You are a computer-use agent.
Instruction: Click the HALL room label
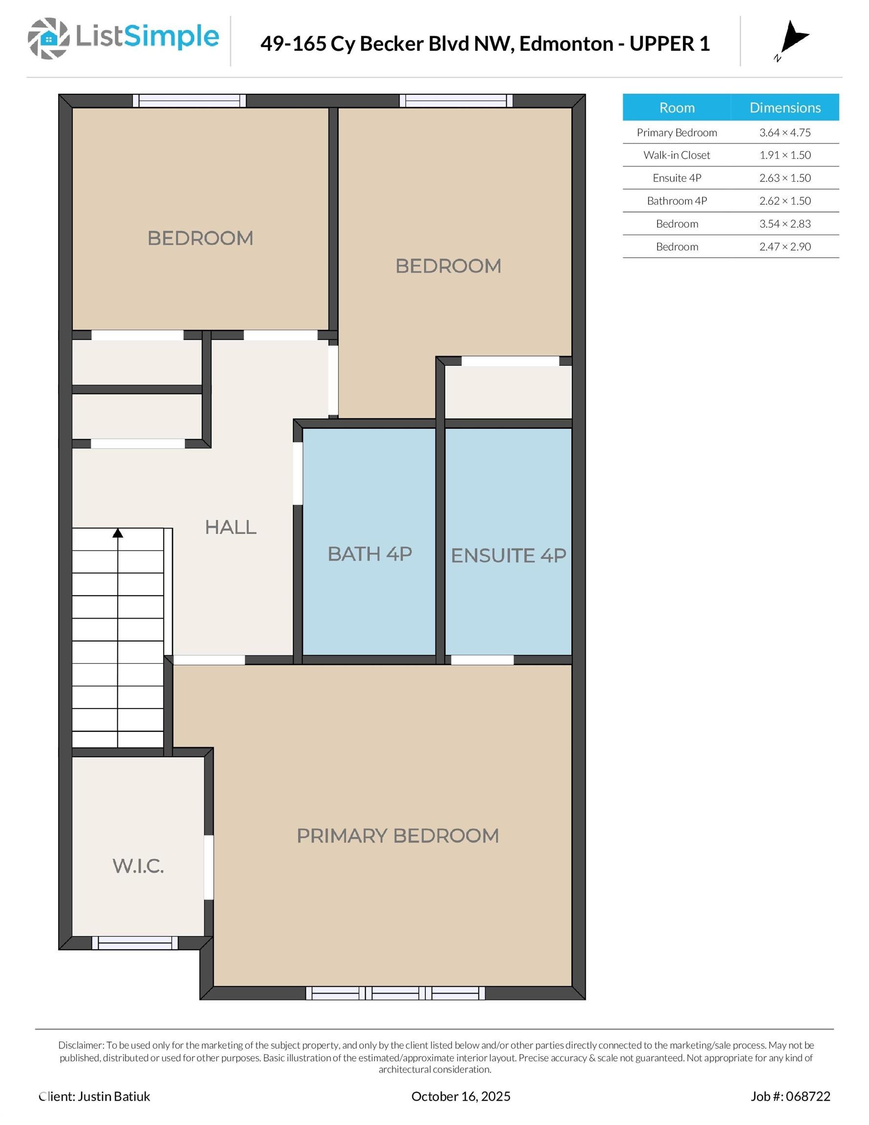[230, 527]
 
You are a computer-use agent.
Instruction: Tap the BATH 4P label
[370, 554]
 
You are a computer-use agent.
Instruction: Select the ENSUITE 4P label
[508, 555]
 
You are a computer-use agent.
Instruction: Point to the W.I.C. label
[138, 866]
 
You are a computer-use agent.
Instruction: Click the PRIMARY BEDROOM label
[398, 835]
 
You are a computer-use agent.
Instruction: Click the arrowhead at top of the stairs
[118, 533]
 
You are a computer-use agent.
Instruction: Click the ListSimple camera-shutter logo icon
[48, 38]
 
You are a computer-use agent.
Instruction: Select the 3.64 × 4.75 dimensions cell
[785, 132]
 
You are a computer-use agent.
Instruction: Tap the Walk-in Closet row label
[676, 155]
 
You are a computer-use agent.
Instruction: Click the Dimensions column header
[785, 107]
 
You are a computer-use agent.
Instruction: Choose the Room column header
[677, 107]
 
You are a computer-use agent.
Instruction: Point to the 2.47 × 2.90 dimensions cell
[785, 247]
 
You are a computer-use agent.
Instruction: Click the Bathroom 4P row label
[676, 201]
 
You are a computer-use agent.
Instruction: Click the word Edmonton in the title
[566, 44]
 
